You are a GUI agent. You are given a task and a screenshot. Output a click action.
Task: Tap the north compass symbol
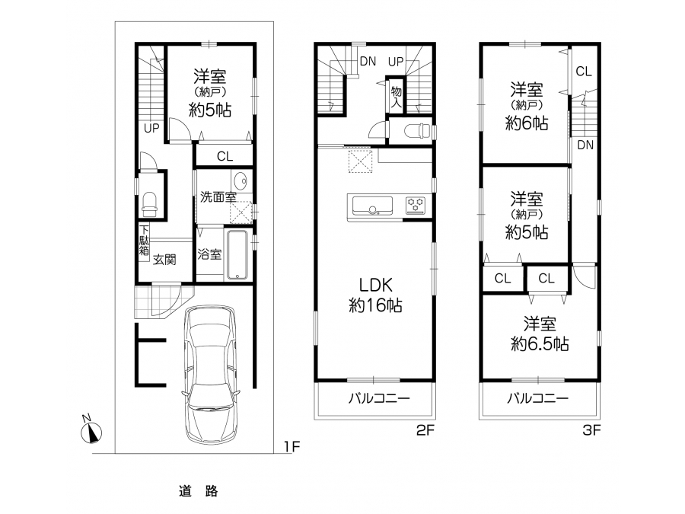(x=91, y=433)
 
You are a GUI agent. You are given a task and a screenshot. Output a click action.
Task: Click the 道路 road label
(x=199, y=491)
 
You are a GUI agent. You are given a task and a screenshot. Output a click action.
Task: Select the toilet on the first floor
(x=149, y=205)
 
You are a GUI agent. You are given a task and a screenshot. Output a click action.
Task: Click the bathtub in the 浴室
(x=237, y=254)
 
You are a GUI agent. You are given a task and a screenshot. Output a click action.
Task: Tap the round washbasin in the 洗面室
(x=240, y=180)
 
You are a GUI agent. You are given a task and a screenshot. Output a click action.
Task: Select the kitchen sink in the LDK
(x=371, y=206)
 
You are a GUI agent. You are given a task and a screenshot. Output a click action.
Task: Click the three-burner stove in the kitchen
(x=416, y=206)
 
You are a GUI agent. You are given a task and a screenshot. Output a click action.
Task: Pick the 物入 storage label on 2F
(x=397, y=97)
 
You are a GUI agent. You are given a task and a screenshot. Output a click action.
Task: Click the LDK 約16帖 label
(x=376, y=295)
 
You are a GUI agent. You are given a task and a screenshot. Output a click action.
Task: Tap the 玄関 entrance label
(x=164, y=260)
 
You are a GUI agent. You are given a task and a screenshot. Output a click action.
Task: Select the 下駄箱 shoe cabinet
(x=144, y=240)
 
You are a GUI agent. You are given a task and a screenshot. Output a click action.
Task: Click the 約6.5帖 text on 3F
(x=540, y=344)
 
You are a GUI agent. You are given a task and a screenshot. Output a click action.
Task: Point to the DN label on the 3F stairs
(x=585, y=145)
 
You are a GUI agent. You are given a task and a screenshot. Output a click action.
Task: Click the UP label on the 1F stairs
(x=151, y=129)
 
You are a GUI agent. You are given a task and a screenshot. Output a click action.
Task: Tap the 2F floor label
(x=425, y=430)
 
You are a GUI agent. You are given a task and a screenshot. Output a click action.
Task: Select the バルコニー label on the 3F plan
(x=538, y=398)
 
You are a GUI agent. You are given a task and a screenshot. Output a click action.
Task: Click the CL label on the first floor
(x=225, y=156)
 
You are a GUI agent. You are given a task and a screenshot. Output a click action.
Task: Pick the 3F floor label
(x=592, y=430)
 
